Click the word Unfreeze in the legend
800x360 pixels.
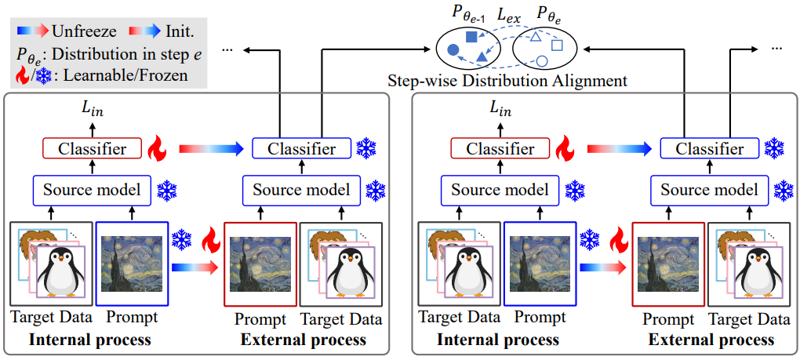[84, 31]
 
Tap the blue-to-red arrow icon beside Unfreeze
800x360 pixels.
[33, 31]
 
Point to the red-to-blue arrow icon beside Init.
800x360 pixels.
[146, 31]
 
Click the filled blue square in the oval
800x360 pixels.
[472, 36]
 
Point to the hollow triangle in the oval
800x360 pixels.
[535, 36]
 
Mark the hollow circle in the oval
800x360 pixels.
[542, 62]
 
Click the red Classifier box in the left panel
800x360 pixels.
[92, 149]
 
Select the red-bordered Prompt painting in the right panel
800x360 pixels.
[668, 264]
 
